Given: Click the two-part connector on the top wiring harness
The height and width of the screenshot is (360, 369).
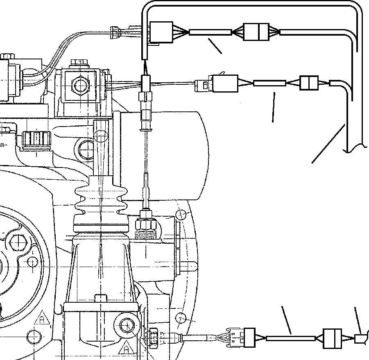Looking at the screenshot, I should [256, 32].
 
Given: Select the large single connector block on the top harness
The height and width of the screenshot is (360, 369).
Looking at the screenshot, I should [161, 32].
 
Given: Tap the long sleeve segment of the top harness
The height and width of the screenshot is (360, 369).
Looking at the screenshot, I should [210, 32].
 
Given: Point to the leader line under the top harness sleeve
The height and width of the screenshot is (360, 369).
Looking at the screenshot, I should [215, 46].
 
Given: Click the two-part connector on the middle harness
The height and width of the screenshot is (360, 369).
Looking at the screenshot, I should [309, 83].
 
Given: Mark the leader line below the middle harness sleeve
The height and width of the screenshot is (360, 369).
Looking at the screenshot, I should [273, 107].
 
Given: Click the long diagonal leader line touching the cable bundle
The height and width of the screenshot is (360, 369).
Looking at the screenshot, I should [328, 144].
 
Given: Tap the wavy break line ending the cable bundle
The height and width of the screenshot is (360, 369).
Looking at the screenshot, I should [355, 148].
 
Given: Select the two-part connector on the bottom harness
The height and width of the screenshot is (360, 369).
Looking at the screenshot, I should [332, 338].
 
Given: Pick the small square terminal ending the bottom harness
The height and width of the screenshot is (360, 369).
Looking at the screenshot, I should [361, 339].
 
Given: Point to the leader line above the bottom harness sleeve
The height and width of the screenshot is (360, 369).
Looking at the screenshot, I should [286, 320].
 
